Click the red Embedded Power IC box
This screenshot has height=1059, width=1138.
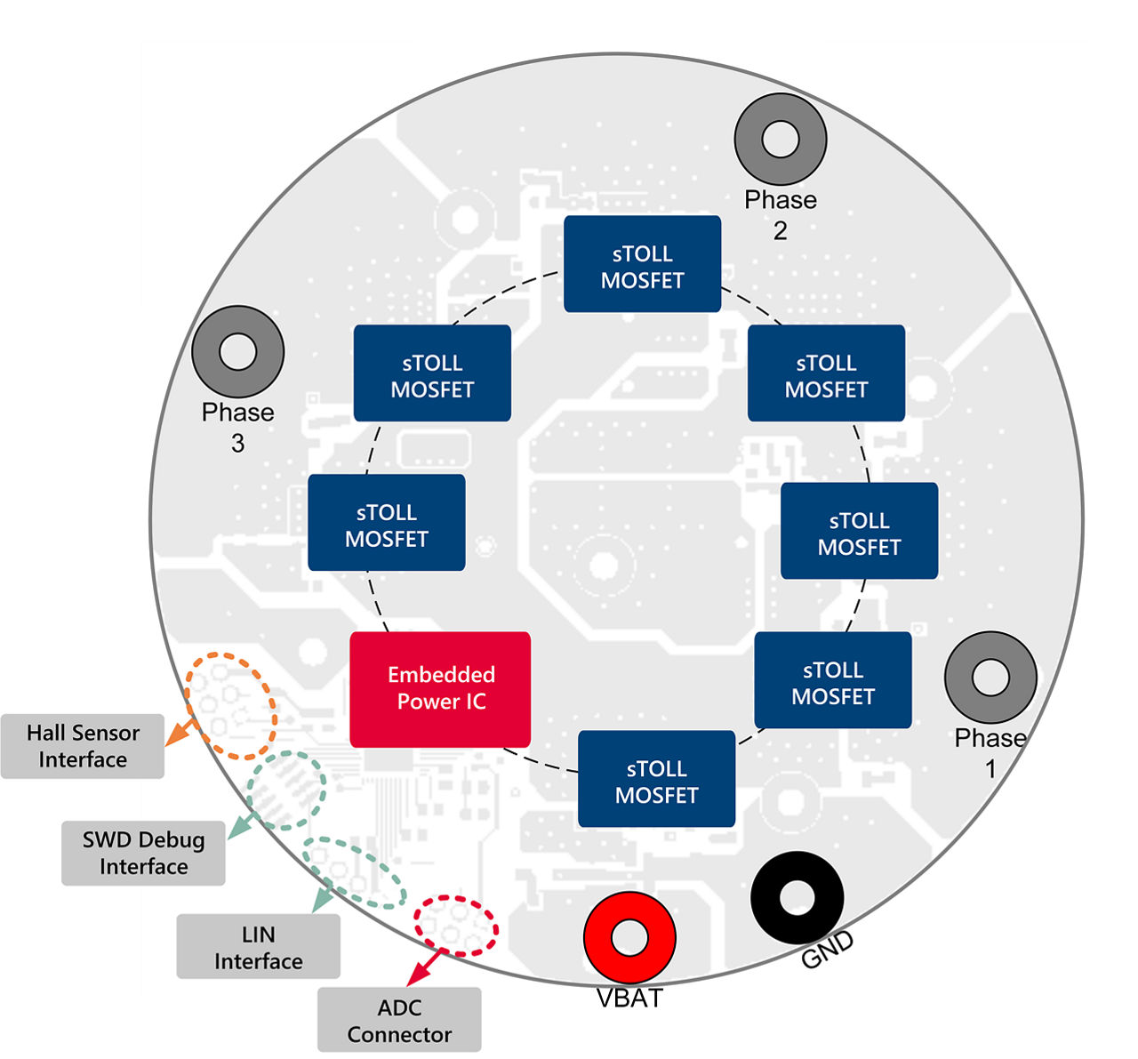tap(440, 689)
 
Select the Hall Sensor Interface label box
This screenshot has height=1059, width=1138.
tap(83, 746)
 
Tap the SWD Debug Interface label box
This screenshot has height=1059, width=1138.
tap(143, 853)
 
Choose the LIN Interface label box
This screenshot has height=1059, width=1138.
tap(258, 947)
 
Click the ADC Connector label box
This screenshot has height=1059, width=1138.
tap(399, 1020)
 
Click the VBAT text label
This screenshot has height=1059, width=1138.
tap(629, 999)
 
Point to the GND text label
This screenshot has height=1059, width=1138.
tap(827, 951)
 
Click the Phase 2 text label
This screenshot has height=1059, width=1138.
tap(781, 214)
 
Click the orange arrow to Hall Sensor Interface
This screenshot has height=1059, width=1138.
tap(181, 732)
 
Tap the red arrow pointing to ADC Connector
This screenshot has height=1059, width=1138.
tap(425, 967)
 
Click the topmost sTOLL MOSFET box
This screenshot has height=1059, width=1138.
tap(642, 264)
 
